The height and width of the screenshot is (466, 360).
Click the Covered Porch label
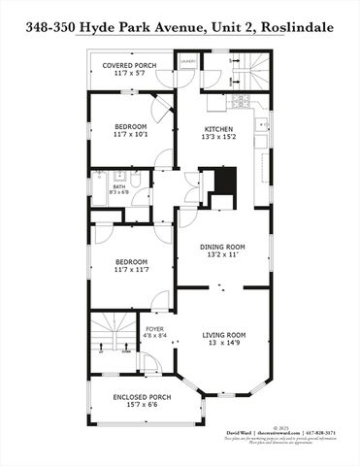click(132, 66)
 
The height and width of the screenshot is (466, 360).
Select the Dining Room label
click(222, 247)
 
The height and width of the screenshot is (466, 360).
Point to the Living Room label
click(224, 335)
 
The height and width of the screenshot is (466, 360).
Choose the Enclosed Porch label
click(142, 396)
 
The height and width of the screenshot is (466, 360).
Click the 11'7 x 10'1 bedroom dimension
click(131, 135)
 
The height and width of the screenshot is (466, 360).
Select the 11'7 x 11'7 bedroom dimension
click(131, 270)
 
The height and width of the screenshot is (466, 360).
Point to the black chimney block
click(224, 182)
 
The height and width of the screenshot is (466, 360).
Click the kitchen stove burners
click(240, 101)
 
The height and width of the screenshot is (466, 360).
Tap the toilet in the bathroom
click(137, 179)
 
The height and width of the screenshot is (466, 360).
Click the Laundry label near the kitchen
click(187, 60)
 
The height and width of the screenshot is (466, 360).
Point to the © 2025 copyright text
click(282, 424)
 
